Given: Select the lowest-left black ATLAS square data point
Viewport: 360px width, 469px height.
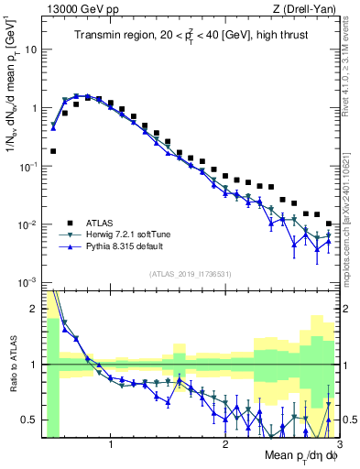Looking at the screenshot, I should click(53, 151).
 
